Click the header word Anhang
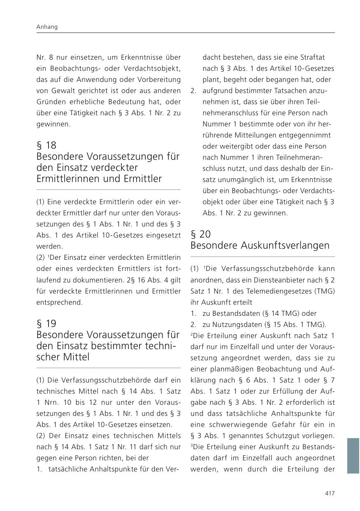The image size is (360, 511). (x=46, y=27)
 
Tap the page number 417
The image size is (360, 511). (x=330, y=493)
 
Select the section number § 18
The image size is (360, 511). (x=46, y=145)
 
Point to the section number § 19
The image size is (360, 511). (x=46, y=323)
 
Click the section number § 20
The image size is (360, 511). (x=201, y=234)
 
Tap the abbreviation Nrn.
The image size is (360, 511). (x=48, y=402)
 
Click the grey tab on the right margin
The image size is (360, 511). (x=353, y=456)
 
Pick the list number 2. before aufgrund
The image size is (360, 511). (x=193, y=91)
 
